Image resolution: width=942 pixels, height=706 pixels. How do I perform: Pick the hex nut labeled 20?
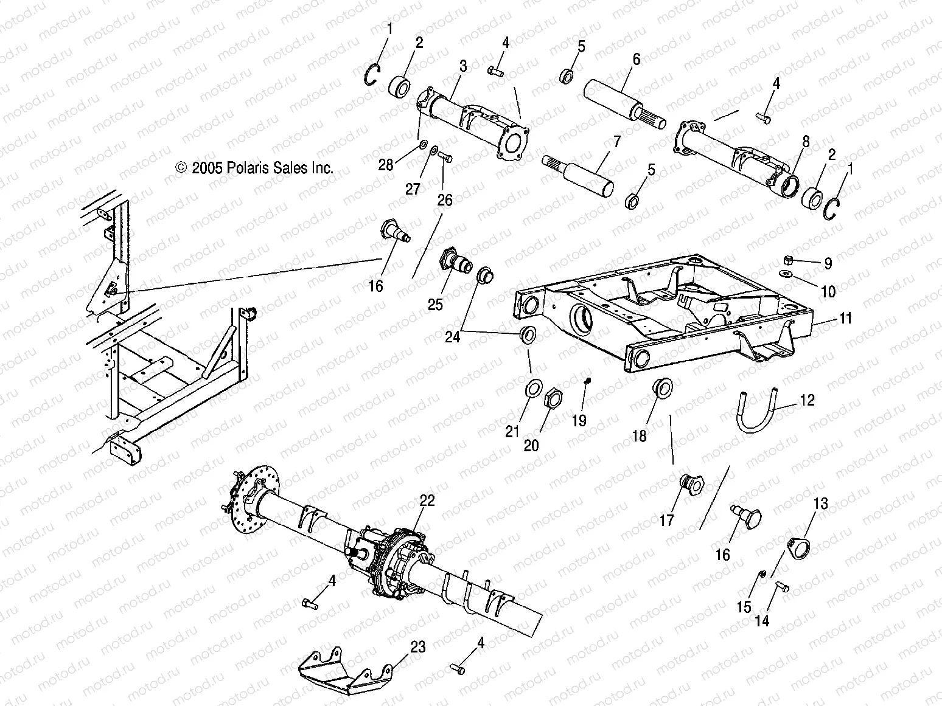coord(551,399)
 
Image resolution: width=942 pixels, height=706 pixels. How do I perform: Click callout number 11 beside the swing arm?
coord(845,318)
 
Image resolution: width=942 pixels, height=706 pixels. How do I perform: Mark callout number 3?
coord(463,66)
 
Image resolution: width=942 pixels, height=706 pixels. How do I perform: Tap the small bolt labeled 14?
coord(782,587)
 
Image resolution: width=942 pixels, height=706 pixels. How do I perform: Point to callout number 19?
coord(579,420)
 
